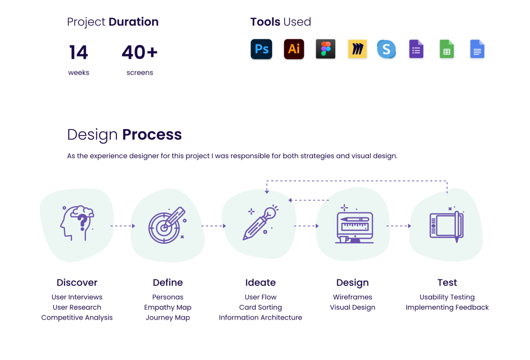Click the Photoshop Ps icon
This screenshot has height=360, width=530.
tap(261, 49)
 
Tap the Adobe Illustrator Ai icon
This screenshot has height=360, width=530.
tap(294, 49)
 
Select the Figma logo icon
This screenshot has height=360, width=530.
tap(326, 49)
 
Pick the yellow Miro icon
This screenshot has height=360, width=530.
tap(357, 49)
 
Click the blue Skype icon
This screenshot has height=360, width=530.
tap(386, 49)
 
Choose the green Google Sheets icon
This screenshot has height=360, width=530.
tap(447, 49)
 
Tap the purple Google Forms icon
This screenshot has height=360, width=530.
tap(416, 49)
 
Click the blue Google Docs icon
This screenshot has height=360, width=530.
tap(477, 49)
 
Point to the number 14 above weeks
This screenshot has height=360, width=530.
tap(79, 52)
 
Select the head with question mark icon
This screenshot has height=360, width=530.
tap(77, 223)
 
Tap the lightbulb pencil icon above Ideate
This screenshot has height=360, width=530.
tap(260, 223)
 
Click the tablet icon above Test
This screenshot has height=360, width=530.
tap(447, 225)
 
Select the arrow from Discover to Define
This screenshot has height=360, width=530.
tap(123, 226)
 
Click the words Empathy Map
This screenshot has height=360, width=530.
tap(168, 307)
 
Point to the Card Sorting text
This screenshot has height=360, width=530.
tap(260, 307)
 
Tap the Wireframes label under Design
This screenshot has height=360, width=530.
tap(352, 297)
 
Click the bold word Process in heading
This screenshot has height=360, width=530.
tap(152, 135)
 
